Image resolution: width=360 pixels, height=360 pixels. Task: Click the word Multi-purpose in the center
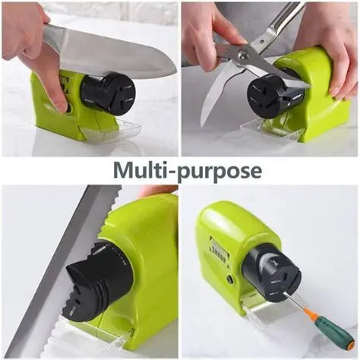click(188, 171)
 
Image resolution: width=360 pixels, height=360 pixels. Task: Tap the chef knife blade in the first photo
click(109, 52)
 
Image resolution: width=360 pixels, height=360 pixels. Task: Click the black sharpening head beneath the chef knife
click(109, 92)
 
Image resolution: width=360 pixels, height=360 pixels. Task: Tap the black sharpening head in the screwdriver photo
click(272, 273)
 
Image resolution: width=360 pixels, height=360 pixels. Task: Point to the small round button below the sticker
click(230, 279)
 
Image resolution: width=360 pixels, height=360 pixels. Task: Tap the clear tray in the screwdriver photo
click(269, 311)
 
